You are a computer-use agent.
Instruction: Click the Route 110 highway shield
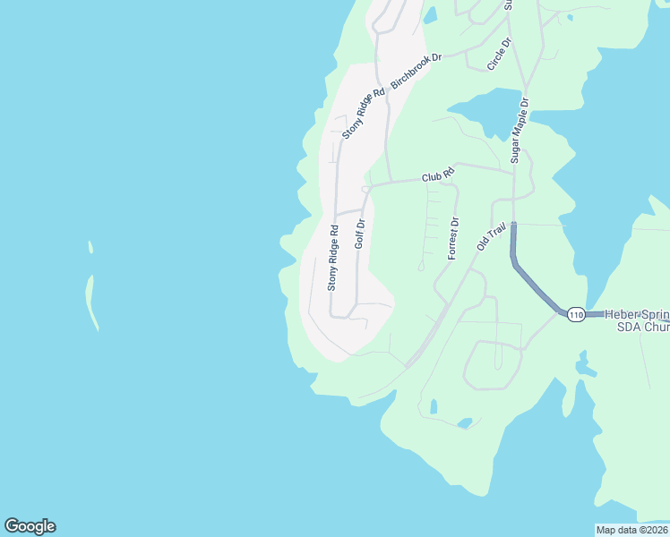pyautogui.click(x=575, y=314)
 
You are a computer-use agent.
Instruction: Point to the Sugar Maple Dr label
pyautogui.click(x=520, y=130)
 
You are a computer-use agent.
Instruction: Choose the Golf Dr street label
pyautogui.click(x=360, y=233)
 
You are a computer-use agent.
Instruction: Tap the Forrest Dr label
pyautogui.click(x=453, y=238)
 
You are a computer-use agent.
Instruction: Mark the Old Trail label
pyautogui.click(x=492, y=234)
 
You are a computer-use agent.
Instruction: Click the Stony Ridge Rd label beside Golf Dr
pyautogui.click(x=332, y=258)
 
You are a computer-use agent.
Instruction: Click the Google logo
pyautogui.click(x=30, y=526)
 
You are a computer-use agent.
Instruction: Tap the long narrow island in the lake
pyautogui.click(x=90, y=302)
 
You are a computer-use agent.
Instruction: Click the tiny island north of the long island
pyautogui.click(x=90, y=246)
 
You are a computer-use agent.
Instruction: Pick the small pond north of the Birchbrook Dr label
pyautogui.click(x=430, y=15)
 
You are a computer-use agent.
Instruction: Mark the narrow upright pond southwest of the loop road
pyautogui.click(x=434, y=406)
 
